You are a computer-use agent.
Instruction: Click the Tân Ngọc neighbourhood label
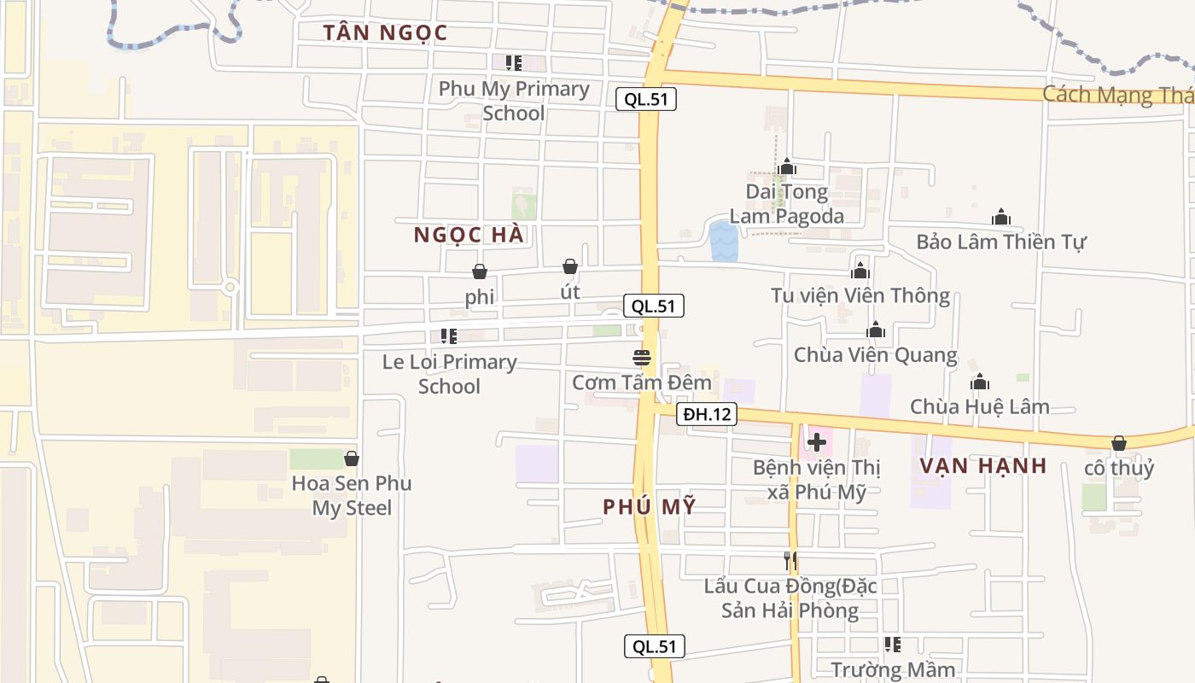[x=385, y=33]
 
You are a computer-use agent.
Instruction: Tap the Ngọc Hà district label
[x=469, y=235]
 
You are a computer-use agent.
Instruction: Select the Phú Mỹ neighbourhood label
[x=649, y=506]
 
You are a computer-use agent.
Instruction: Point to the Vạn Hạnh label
[x=983, y=465]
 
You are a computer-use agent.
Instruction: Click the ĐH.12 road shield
[x=708, y=415]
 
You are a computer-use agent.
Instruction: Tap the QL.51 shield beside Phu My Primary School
[x=646, y=99]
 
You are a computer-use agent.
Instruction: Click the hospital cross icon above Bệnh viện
[x=817, y=442]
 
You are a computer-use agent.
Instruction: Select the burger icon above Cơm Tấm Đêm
[x=642, y=357]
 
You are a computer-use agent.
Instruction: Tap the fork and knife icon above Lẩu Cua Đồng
[x=790, y=561]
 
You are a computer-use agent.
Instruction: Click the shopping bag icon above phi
[x=480, y=271]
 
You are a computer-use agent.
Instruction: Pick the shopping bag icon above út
[x=570, y=266]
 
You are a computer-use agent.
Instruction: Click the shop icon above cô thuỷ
[x=1118, y=443]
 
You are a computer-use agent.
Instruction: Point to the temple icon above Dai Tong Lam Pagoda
[x=787, y=166]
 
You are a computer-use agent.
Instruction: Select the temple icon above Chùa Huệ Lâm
[x=980, y=382]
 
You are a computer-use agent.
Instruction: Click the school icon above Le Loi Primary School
[x=449, y=336]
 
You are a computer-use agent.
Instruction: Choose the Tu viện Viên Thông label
[x=860, y=296]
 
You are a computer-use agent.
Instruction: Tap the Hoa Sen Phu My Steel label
[x=352, y=495]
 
